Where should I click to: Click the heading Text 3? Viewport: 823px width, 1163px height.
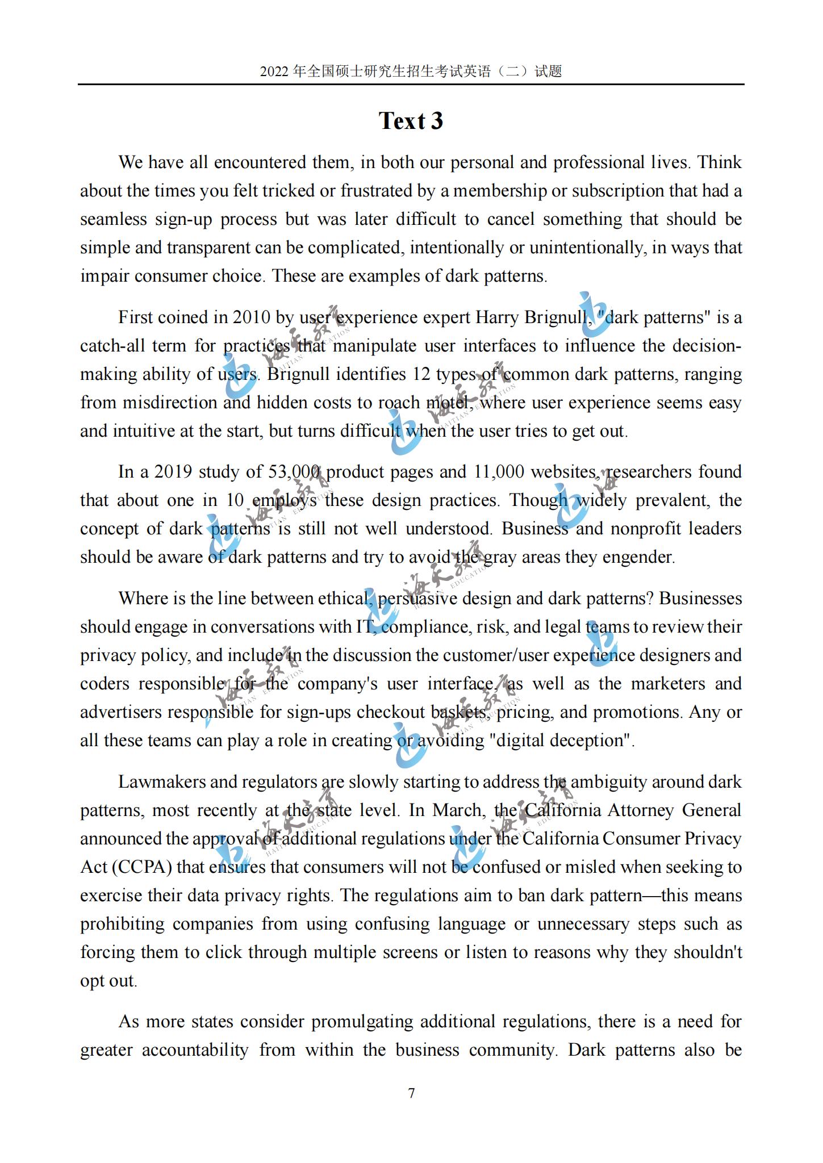411,121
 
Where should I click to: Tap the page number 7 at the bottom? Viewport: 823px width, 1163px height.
411,1093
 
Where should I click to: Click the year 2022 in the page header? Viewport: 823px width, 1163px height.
275,72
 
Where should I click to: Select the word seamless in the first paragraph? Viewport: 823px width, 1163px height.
113,219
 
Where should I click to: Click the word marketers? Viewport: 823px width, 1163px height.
668,683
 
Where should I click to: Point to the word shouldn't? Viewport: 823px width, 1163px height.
708,952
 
